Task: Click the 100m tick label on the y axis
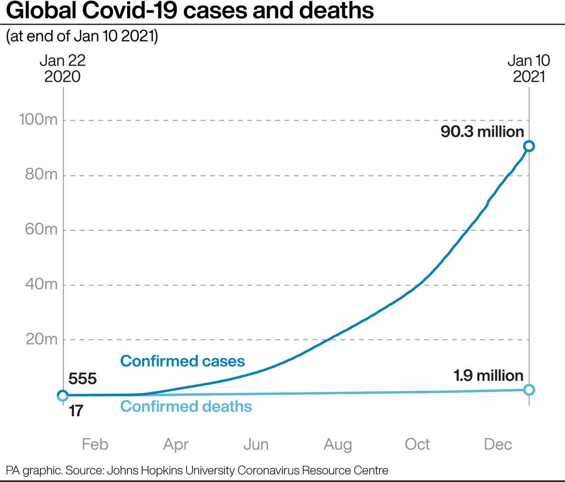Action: (x=38, y=120)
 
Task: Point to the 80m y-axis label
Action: (x=41, y=175)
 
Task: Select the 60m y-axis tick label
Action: (x=41, y=229)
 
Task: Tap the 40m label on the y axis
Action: (x=41, y=284)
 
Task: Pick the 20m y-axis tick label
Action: (x=41, y=339)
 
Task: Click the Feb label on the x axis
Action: (x=95, y=444)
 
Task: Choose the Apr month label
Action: (x=176, y=445)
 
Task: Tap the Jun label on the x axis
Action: (x=256, y=444)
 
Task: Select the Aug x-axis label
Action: (x=338, y=445)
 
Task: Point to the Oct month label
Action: (x=417, y=444)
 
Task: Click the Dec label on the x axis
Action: (x=498, y=444)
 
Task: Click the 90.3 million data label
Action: (x=482, y=131)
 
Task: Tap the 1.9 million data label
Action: (x=488, y=376)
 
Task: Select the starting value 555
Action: (x=83, y=379)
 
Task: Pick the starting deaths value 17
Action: (x=76, y=411)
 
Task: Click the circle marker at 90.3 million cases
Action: (x=529, y=146)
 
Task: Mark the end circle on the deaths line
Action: (x=529, y=389)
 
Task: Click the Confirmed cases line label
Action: (x=182, y=361)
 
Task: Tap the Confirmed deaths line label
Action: (x=186, y=406)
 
